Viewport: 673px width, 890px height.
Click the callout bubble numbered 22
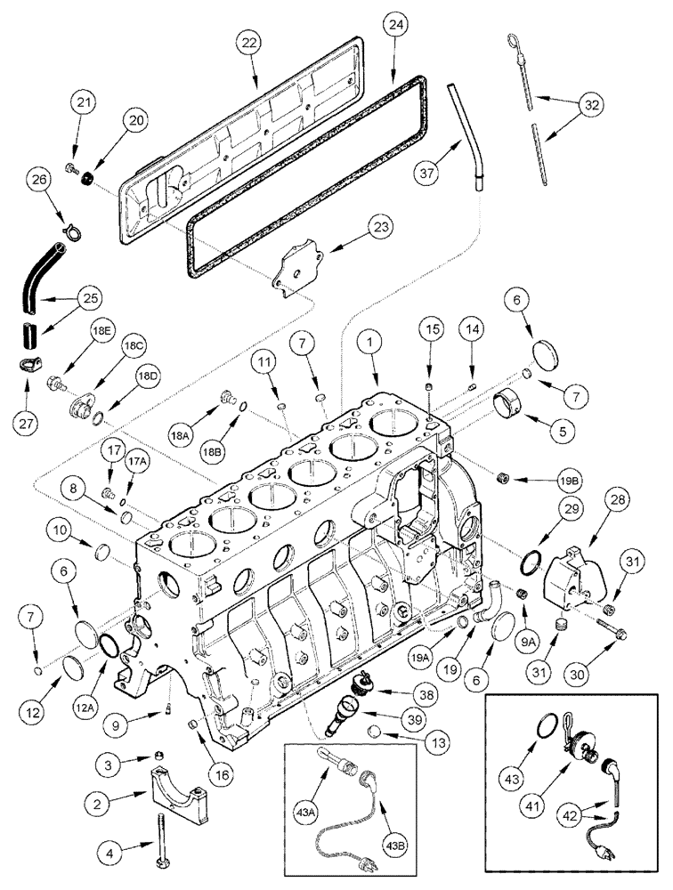click(x=251, y=44)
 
